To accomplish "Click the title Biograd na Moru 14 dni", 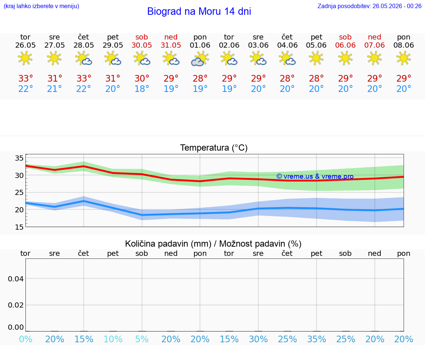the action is click(x=199, y=11).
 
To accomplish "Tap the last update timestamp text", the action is click(x=369, y=6).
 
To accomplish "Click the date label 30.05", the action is click(x=142, y=45).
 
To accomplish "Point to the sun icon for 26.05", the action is click(x=25, y=58).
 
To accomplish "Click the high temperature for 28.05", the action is click(x=84, y=78).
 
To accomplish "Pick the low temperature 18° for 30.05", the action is click(x=142, y=89).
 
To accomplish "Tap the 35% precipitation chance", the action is click(x=316, y=339).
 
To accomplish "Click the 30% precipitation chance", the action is click(x=258, y=339).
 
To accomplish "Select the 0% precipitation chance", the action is click(x=26, y=339).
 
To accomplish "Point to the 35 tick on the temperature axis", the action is click(x=19, y=158).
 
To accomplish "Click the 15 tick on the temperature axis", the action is click(x=19, y=227).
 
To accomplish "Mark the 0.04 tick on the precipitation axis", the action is click(x=16, y=279).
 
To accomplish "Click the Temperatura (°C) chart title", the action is click(x=214, y=148).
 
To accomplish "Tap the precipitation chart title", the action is click(x=213, y=244).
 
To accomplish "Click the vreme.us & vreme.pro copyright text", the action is click(x=315, y=176).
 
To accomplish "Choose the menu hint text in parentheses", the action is click(x=41, y=6).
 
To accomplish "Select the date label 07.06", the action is click(x=374, y=45).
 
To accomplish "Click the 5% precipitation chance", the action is click(x=142, y=339).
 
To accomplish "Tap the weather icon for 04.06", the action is click(x=287, y=59).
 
